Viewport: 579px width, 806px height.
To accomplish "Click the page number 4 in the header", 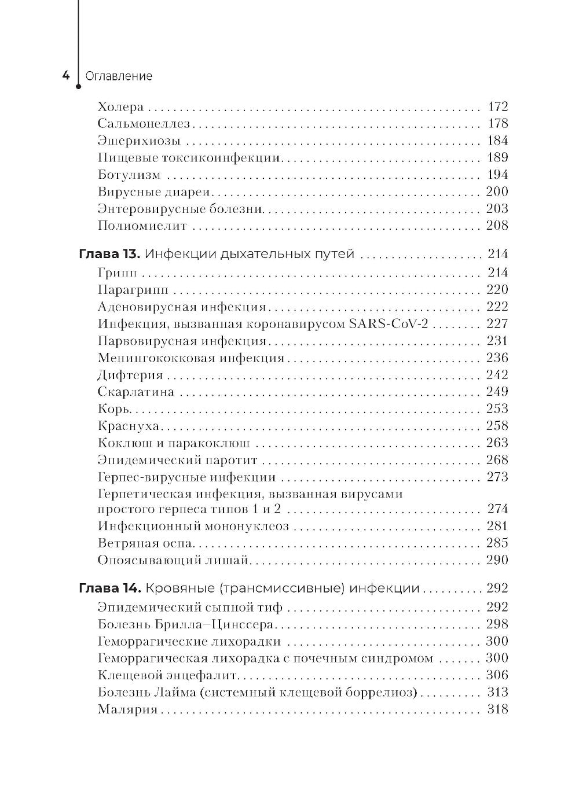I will pos(65,76).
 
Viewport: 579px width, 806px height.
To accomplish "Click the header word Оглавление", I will pos(119,76).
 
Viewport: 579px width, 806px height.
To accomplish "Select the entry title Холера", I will pos(120,107).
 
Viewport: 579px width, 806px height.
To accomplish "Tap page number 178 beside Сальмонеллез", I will pos(497,123).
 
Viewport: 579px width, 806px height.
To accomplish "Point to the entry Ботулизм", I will pos(129,175).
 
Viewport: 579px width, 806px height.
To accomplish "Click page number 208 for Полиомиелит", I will pos(497,225).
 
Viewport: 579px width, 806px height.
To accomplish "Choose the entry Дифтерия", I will pos(130,375).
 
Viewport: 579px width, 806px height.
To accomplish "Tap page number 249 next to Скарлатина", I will pos(497,392).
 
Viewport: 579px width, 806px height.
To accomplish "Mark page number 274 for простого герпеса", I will pos(497,509).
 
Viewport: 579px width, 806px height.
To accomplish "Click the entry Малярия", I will pos(127,709).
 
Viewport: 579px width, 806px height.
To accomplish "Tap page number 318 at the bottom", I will pos(497,709).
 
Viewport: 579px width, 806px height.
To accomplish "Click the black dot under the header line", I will pos(78,89).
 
